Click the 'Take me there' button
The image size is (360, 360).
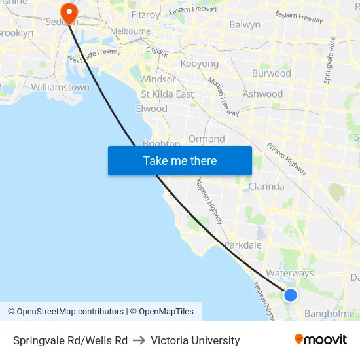pos(179,160)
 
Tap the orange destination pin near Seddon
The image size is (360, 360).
pos(68,12)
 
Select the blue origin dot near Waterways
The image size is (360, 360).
pos(291,295)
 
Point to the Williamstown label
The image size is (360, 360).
pos(60,87)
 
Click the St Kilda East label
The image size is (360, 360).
pos(168,94)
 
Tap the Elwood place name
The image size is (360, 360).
pos(151,109)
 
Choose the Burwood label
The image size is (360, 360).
pos(272,73)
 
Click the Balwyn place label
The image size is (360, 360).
pos(245,25)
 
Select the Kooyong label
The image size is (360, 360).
pos(200,64)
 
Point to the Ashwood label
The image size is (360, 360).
pos(262,94)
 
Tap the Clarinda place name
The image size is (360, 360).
pos(266,187)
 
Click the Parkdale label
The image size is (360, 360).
pos(243,245)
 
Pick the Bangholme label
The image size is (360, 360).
pos(329,314)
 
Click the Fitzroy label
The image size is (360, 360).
pos(145,14)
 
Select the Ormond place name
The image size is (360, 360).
pos(207,139)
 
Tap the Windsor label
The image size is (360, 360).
pos(158,79)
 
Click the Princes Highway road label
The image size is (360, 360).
pos(287,159)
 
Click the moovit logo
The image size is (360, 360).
pos(320,340)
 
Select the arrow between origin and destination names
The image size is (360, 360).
pos(139,340)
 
